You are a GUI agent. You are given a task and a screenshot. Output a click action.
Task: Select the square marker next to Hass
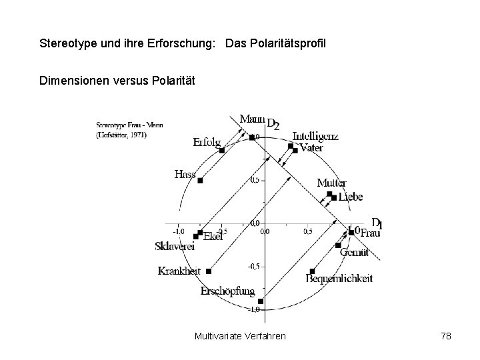[x=200, y=181]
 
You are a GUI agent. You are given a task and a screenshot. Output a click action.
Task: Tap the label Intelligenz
[x=315, y=137]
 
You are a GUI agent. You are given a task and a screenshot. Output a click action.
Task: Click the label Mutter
[x=331, y=183]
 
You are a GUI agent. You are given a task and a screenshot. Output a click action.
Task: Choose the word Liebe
[x=351, y=197]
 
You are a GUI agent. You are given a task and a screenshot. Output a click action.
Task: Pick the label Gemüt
[x=354, y=252]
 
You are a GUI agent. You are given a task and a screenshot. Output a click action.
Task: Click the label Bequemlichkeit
[x=339, y=279]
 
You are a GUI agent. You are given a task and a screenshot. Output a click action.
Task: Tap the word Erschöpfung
[x=227, y=291]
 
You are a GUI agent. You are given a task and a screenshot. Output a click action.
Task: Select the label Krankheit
[x=179, y=271]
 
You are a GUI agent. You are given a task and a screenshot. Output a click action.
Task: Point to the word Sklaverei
[x=173, y=247]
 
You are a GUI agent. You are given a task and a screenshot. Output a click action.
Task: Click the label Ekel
[x=213, y=236]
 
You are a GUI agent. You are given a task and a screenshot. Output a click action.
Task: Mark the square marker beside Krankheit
[x=209, y=271]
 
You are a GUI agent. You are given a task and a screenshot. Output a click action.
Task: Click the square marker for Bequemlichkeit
[x=312, y=271]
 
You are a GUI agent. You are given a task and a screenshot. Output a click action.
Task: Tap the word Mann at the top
[x=251, y=120]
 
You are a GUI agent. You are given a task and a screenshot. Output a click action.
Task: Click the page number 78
[x=446, y=335]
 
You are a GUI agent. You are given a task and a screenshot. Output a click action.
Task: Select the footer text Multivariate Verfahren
[x=240, y=335]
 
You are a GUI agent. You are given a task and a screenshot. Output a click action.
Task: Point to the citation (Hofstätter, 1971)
[x=121, y=134]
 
